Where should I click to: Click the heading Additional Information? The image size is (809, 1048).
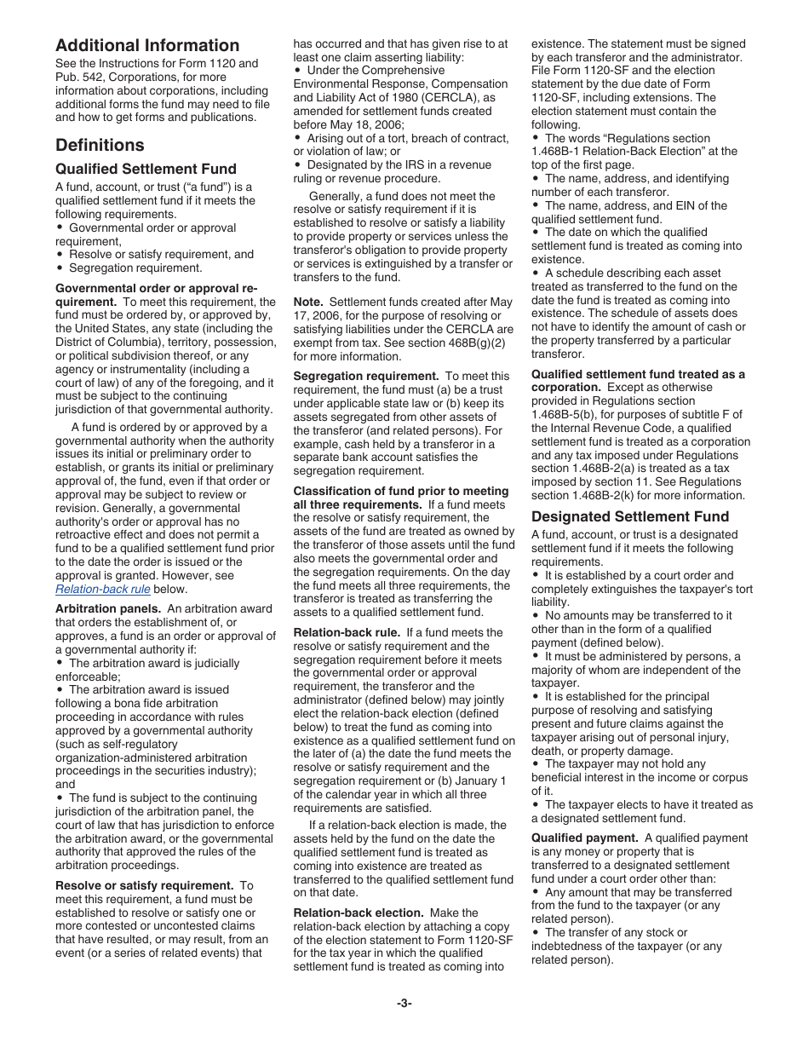pyautogui.click(x=147, y=46)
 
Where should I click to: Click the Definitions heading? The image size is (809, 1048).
pyautogui.click(x=100, y=145)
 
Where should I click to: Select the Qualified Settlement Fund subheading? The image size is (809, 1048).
pyautogui.click(x=146, y=169)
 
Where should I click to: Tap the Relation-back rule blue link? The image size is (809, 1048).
pyautogui.click(x=103, y=589)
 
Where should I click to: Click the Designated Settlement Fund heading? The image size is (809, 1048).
pyautogui.click(x=630, y=516)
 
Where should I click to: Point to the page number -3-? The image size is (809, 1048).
pyautogui.click(x=404, y=1003)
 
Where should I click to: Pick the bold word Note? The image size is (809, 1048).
pyautogui.click(x=308, y=302)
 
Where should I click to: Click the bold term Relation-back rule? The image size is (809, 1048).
pyautogui.click(x=347, y=632)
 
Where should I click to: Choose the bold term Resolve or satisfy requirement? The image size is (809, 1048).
pyautogui.click(x=144, y=885)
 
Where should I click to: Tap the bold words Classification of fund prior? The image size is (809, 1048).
pyautogui.click(x=401, y=491)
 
